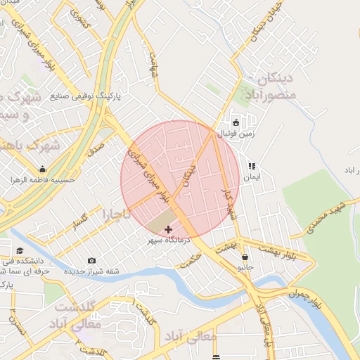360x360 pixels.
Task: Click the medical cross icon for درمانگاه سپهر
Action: tap(168, 229)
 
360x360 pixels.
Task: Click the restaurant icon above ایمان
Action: tap(251, 167)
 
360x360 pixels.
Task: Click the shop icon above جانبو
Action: tap(245, 257)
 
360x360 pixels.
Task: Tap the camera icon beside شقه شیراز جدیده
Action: tap(92, 261)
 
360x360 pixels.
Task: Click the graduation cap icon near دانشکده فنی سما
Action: tap(20, 251)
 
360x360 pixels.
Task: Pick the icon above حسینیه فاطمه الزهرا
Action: tap(42, 169)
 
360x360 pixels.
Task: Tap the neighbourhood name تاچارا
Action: tap(117, 212)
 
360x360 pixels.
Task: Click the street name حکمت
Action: tap(190, 260)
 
